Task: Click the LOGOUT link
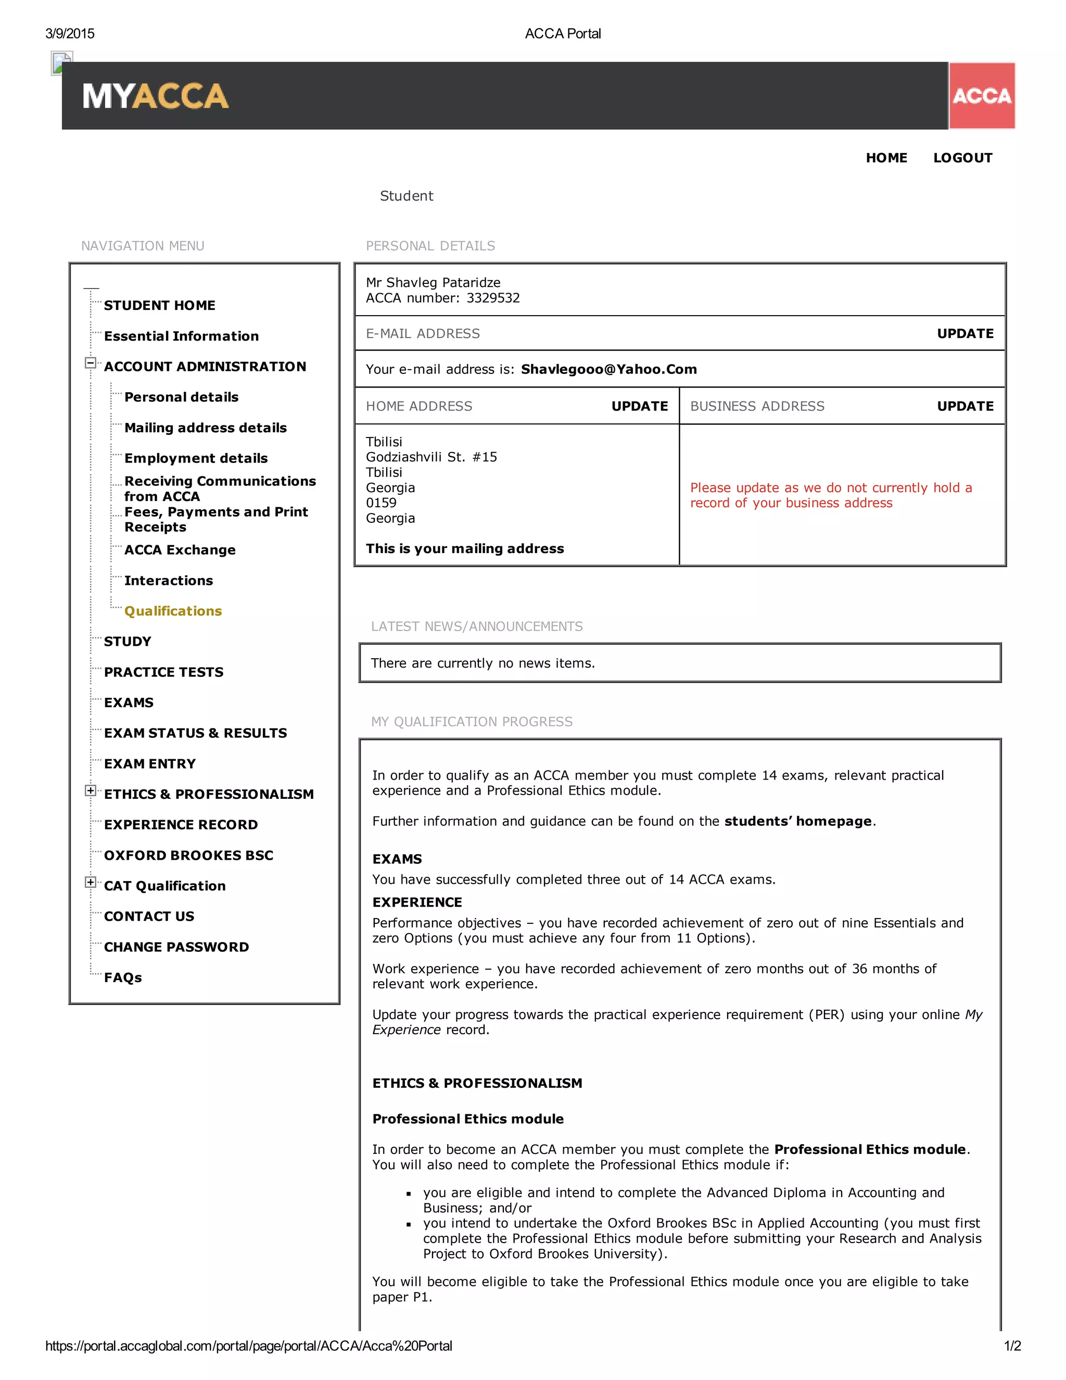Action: [962, 158]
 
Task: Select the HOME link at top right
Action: [886, 158]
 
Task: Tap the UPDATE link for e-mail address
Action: [965, 334]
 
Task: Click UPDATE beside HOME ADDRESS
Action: [639, 406]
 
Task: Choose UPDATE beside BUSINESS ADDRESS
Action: [965, 406]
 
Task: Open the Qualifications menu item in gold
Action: [173, 611]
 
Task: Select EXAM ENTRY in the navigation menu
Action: [150, 764]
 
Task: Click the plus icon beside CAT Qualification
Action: [90, 883]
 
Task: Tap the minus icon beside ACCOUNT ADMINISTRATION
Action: [90, 363]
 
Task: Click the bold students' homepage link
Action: [797, 821]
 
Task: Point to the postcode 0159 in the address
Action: [381, 503]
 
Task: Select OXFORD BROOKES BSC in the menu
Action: [188, 856]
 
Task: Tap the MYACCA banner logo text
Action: [155, 96]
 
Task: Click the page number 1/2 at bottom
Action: [1012, 1346]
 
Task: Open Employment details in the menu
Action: [196, 458]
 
